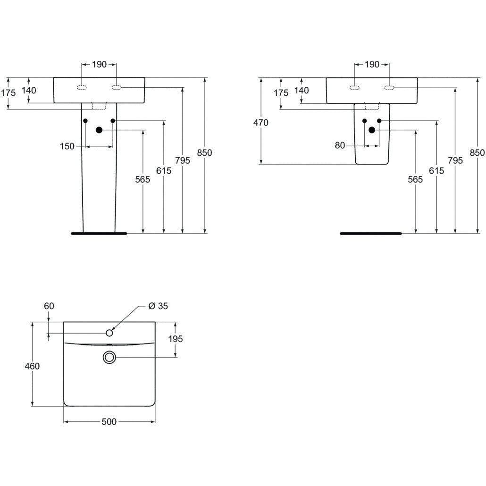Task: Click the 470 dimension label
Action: coord(260,123)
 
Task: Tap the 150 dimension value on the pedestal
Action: coord(67,146)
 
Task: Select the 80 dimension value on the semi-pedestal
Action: coord(340,145)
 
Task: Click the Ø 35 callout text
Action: coord(158,306)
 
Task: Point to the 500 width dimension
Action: coord(109,422)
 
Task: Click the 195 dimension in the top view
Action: coord(175,339)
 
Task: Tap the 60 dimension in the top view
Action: coord(49,306)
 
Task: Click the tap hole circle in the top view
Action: coord(109,333)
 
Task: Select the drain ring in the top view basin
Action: coord(109,358)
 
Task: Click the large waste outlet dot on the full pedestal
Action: coord(99,130)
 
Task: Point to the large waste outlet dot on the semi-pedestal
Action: coord(372,130)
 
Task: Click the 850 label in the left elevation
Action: coord(205,152)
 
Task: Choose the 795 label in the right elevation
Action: coord(455,160)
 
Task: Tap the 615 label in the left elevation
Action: coord(164,171)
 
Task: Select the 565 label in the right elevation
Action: coord(416,179)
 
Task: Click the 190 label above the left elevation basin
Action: coord(99,65)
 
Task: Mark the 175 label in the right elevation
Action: coord(281,93)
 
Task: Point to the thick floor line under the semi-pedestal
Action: coord(370,233)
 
